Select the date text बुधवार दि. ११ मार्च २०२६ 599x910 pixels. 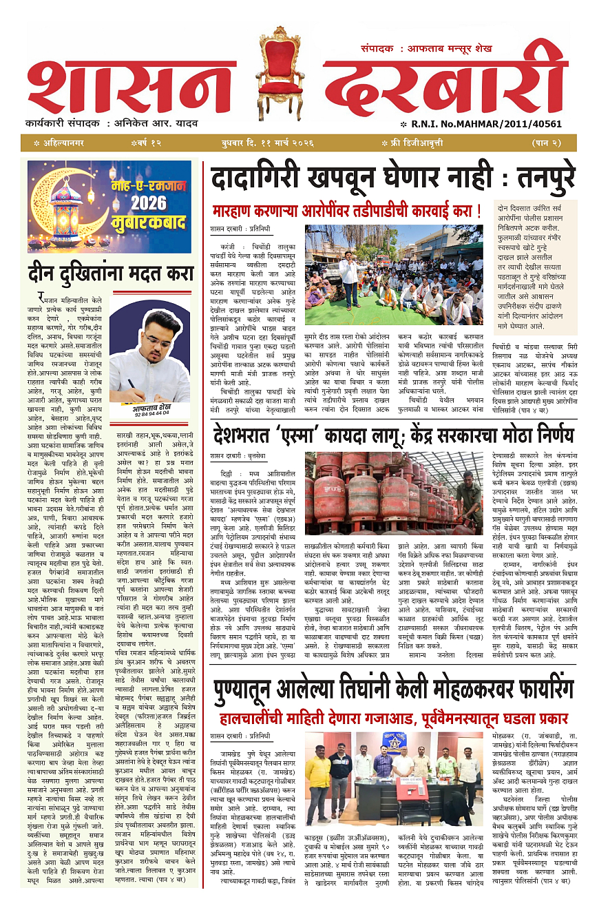click(x=264, y=143)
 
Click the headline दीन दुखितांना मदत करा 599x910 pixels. click(x=111, y=273)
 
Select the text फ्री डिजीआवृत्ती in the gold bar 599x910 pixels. click(x=412, y=143)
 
